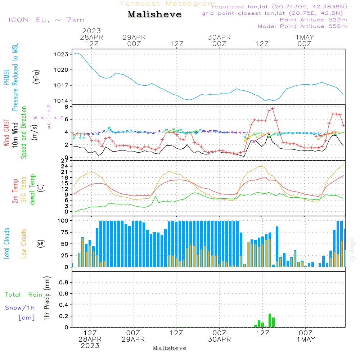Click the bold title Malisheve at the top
coord(154,14)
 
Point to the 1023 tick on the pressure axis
coord(61,54)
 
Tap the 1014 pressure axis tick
coord(61,101)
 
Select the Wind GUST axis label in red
coord(6,133)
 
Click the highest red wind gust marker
coord(273,109)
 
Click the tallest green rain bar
coord(270,320)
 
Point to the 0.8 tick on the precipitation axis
coord(64,282)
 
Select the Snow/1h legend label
coord(20,308)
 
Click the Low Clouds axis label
coord(24,244)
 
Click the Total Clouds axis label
coord(6,244)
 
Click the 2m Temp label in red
coord(15,191)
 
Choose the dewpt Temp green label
coord(32,189)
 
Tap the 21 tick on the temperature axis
coord(65,172)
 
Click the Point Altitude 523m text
coord(314,20)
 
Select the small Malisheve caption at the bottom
coord(170,348)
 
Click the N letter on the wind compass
coord(49,107)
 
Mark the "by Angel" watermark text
coord(352,249)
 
